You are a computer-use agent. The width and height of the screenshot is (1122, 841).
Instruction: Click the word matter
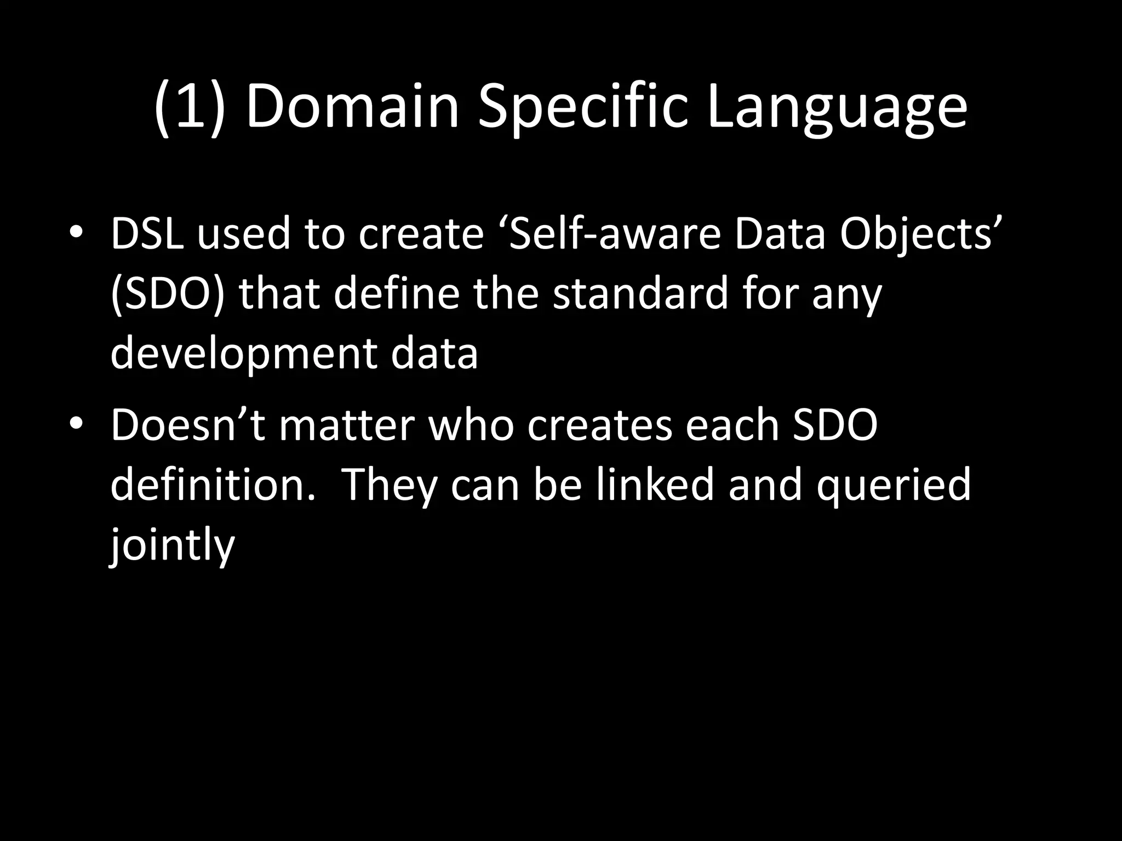point(346,425)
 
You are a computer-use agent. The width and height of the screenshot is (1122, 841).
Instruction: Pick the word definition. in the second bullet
point(213,485)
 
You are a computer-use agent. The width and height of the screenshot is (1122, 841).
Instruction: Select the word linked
point(655,485)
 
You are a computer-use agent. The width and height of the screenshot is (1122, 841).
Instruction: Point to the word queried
point(893,486)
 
